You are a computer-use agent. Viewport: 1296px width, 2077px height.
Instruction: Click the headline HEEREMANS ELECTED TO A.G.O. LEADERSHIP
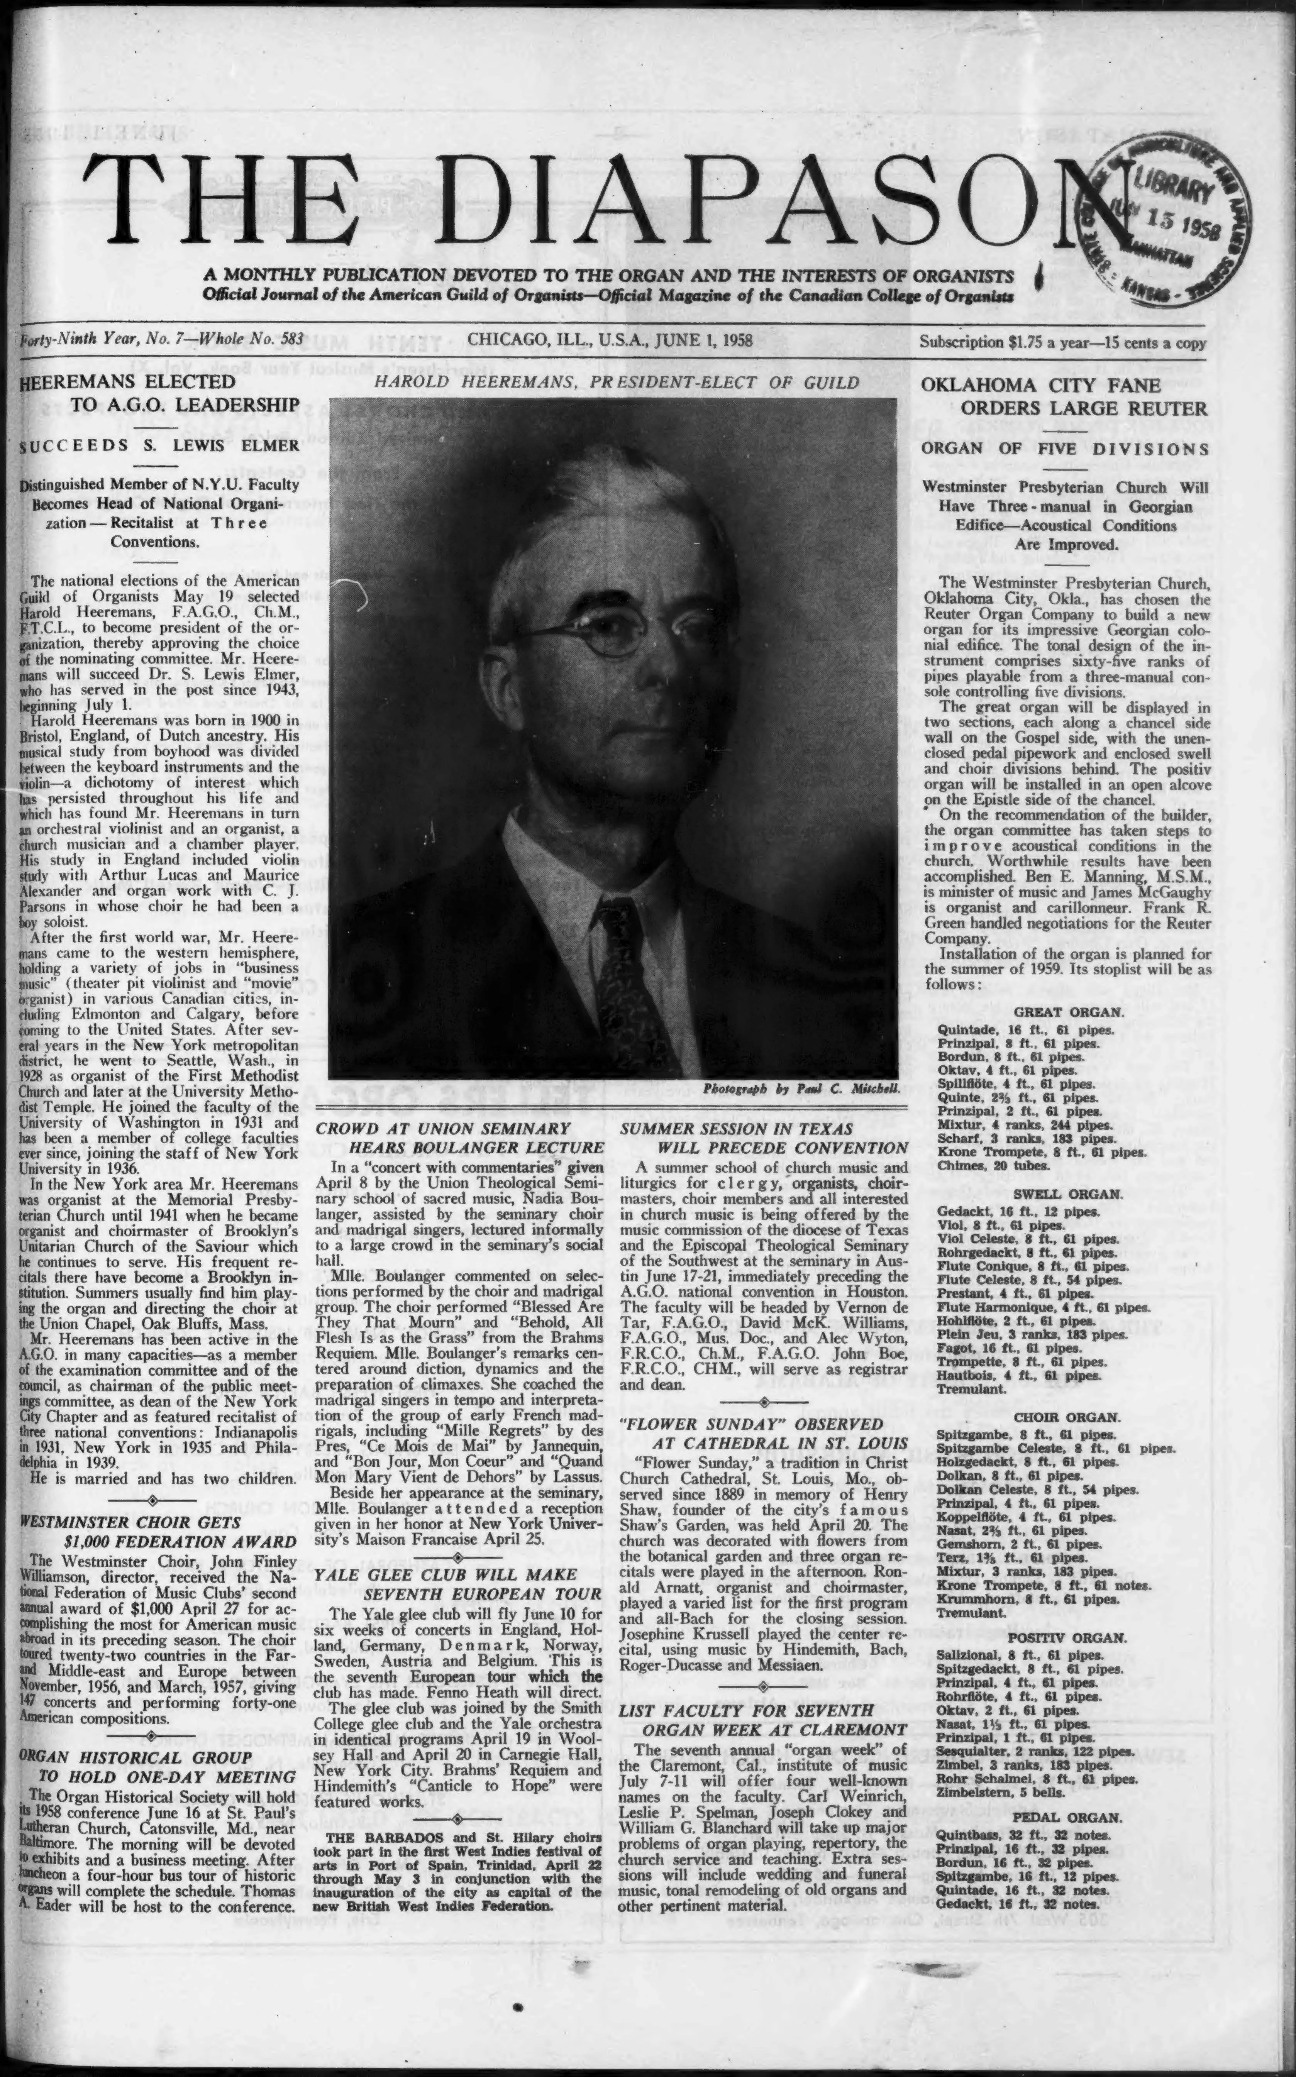tap(159, 393)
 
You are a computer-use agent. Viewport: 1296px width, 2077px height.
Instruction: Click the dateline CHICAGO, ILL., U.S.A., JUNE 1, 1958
tap(610, 339)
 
